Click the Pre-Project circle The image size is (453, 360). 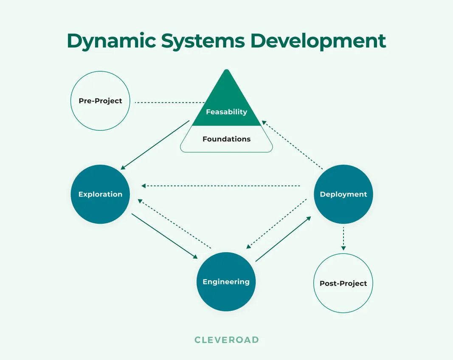click(100, 101)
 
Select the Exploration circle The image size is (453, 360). click(100, 194)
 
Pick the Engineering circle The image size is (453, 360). click(226, 281)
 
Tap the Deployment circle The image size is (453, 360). click(343, 194)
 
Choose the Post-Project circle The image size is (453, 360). click(343, 283)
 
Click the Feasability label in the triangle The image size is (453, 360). click(226, 112)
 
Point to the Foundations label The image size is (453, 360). click(226, 139)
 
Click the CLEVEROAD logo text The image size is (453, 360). click(226, 340)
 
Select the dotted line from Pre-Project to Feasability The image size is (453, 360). click(170, 102)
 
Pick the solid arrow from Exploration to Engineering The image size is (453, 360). click(165, 236)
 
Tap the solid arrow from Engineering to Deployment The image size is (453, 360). click(283, 239)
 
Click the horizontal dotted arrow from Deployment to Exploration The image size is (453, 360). click(221, 186)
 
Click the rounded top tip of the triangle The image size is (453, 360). click(226, 71)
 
